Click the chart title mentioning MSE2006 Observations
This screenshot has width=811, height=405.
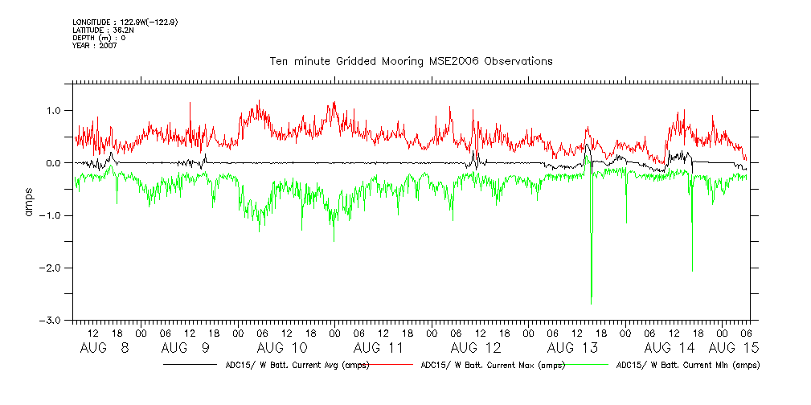[x=410, y=61]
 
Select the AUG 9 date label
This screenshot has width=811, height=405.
[x=185, y=348]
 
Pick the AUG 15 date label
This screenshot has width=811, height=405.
[x=734, y=348]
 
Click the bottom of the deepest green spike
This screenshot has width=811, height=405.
[x=592, y=303]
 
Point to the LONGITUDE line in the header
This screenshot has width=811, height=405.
[x=125, y=22]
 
